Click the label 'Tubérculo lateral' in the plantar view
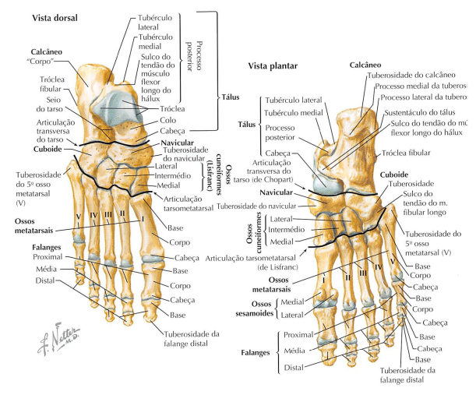[x=293, y=101]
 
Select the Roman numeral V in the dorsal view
[x=79, y=213]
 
